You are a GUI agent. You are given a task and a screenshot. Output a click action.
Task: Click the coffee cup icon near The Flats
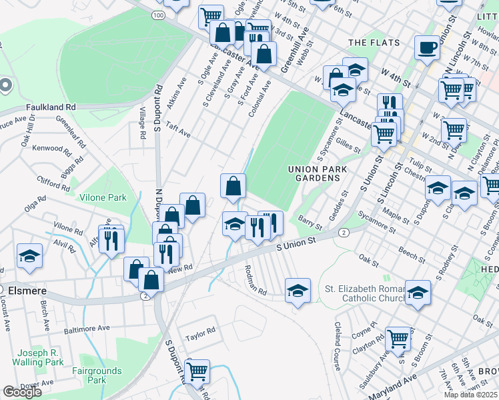pos(427,47)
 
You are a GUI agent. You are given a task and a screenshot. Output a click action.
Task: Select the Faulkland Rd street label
pos(51,107)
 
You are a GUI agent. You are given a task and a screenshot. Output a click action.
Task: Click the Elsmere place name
pos(29,291)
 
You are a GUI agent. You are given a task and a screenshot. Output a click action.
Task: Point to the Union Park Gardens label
pos(318,175)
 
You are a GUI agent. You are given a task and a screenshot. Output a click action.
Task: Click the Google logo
pos(22,392)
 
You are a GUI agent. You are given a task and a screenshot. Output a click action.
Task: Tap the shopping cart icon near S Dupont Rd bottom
pos(197,372)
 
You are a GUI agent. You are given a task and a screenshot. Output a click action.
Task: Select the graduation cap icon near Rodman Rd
pos(298,290)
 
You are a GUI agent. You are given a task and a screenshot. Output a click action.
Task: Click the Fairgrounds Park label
pos(97,375)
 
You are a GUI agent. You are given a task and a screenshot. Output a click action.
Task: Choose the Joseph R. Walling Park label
pos(41,357)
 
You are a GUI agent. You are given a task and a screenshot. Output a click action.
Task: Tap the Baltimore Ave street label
pos(87,329)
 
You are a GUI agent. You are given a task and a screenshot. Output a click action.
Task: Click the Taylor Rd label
pos(201,331)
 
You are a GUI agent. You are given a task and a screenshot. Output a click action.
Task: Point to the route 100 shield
pos(157,15)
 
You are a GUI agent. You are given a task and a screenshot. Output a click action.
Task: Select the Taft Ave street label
pos(178,129)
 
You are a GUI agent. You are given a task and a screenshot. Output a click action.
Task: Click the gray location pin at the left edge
pos(5,86)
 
